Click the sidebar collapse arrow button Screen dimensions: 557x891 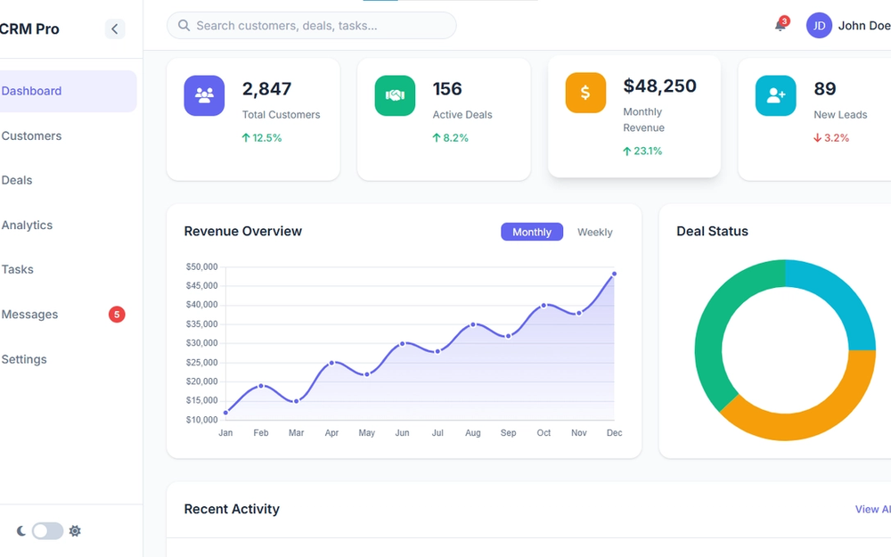click(115, 29)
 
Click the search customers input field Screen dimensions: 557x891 click(312, 26)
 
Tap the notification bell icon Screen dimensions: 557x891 click(781, 26)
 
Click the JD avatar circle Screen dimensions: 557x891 click(819, 26)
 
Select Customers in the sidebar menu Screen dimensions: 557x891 click(32, 136)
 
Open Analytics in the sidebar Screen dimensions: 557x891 click(28, 225)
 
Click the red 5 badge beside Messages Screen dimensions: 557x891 click(117, 314)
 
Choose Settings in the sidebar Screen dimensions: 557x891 click(24, 359)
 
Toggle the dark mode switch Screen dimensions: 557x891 click(47, 531)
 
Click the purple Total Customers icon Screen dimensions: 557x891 click(204, 95)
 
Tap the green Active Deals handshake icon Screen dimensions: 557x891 click(395, 95)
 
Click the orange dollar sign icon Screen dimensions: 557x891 click(585, 93)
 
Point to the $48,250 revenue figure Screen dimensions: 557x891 click(659, 86)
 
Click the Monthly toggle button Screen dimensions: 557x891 click(532, 232)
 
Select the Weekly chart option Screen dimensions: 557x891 click(594, 232)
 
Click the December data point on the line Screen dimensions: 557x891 click(614, 274)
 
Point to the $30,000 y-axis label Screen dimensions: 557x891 click(202, 343)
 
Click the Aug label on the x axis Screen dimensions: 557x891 click(473, 433)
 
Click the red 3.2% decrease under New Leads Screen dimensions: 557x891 click(830, 138)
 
